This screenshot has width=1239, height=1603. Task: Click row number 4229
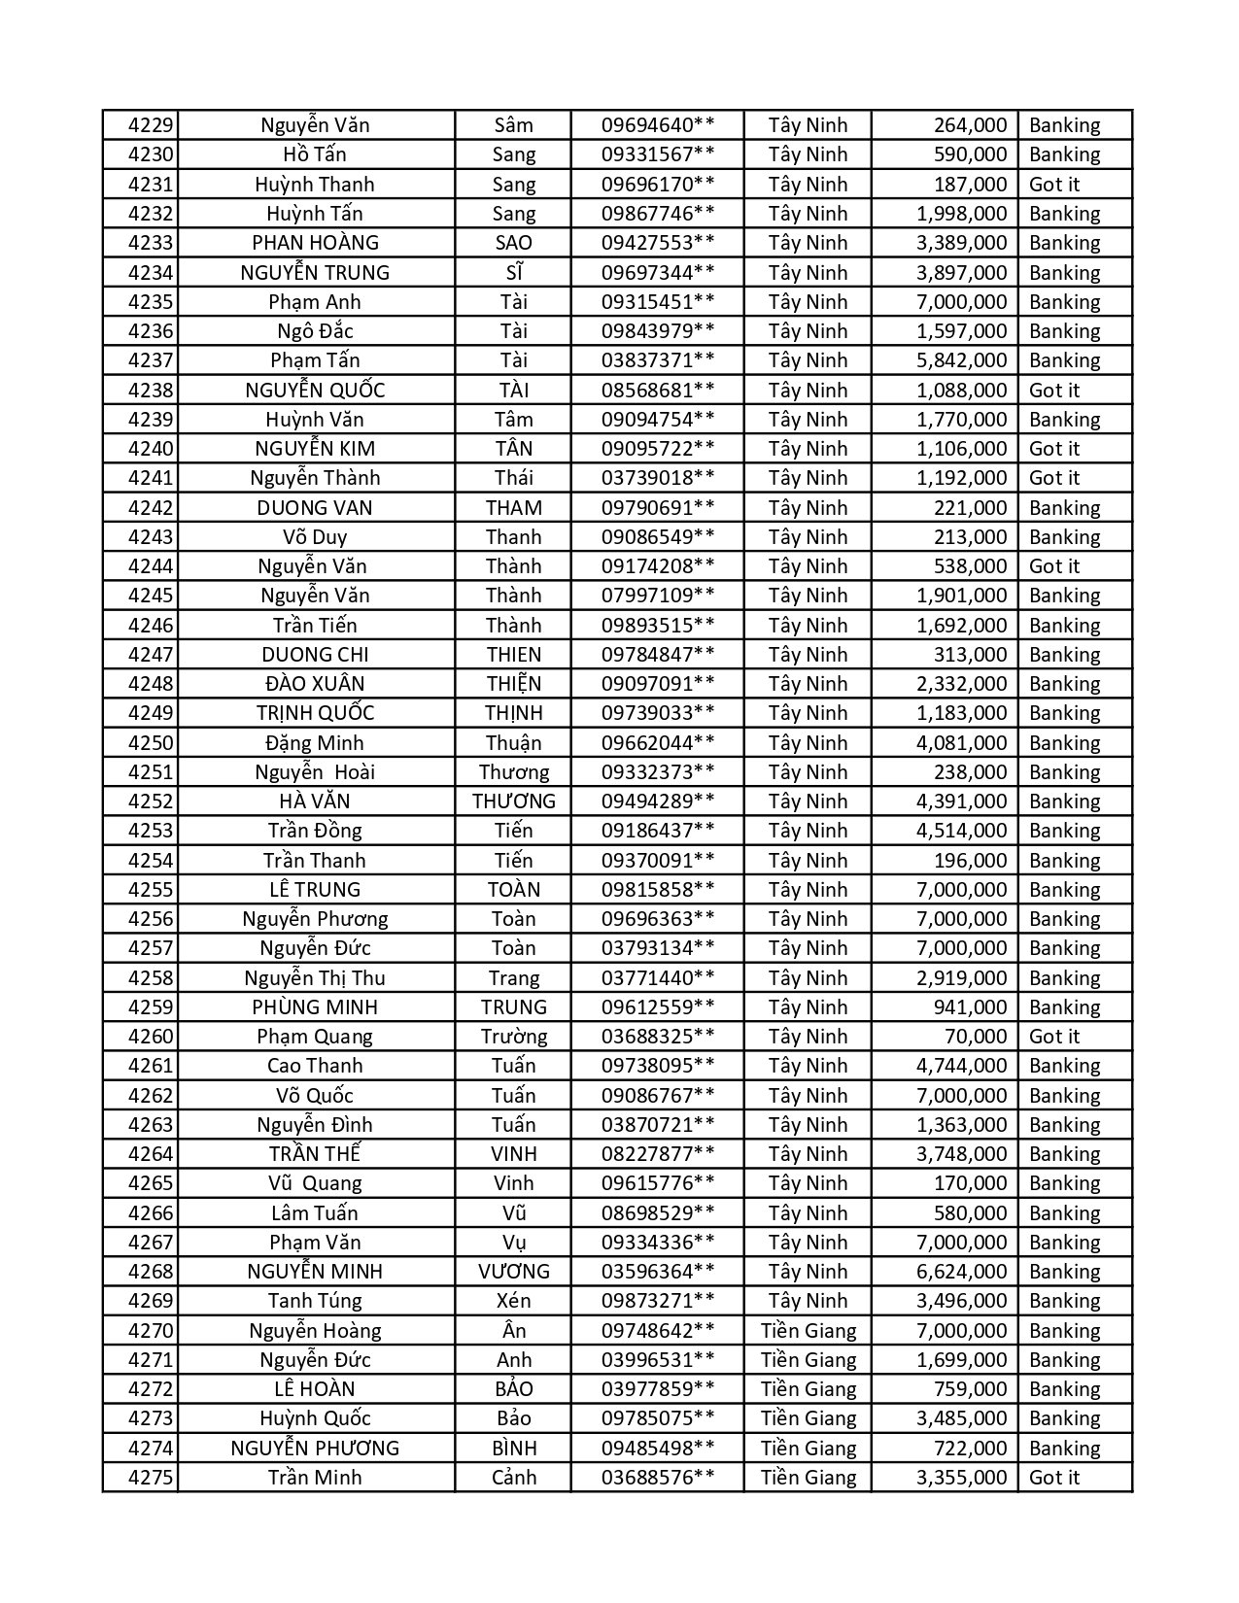click(151, 125)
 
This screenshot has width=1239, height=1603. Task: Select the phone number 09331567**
click(658, 154)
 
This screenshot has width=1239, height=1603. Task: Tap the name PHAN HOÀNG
click(315, 243)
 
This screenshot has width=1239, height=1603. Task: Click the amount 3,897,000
click(961, 273)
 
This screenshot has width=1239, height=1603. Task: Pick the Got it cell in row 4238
click(1054, 391)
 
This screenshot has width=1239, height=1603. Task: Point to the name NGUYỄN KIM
click(315, 449)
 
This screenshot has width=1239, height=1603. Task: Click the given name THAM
click(513, 508)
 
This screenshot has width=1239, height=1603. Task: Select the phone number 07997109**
click(658, 596)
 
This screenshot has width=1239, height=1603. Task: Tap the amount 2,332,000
click(961, 684)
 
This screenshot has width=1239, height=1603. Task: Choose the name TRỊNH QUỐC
click(315, 713)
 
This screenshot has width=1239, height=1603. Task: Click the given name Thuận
click(513, 743)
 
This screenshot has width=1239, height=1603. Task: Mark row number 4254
click(151, 861)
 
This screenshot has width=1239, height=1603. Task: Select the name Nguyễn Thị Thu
click(315, 978)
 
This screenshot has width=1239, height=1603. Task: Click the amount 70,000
click(976, 1037)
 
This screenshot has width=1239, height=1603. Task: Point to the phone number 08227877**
click(658, 1154)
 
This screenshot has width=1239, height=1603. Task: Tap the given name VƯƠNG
click(513, 1272)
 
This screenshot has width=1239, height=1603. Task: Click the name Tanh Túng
click(315, 1301)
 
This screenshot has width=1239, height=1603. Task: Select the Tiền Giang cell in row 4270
click(809, 1331)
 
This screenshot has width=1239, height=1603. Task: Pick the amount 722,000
click(969, 1449)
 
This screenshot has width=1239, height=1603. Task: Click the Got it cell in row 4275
click(1054, 1478)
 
